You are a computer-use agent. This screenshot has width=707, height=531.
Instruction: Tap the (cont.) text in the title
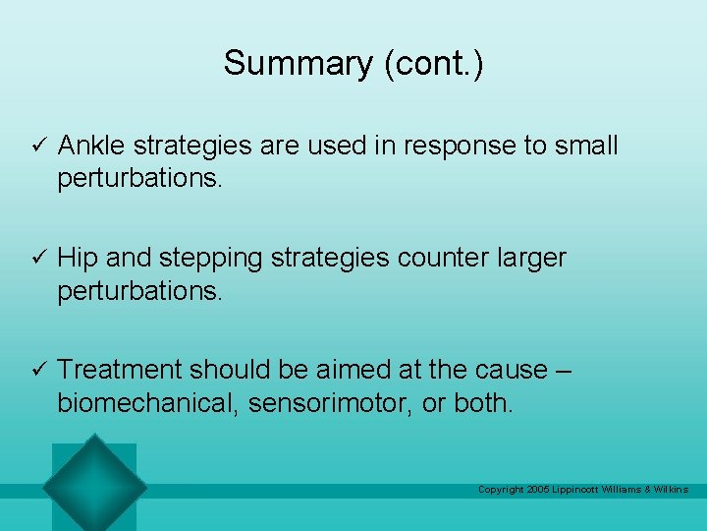click(x=433, y=63)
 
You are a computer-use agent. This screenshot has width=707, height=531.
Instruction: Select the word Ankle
click(x=91, y=146)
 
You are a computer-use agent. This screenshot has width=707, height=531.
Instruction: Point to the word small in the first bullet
click(x=585, y=146)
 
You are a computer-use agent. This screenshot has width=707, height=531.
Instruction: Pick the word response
click(x=450, y=147)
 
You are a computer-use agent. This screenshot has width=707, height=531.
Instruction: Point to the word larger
click(x=531, y=259)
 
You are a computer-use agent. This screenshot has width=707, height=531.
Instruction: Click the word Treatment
click(x=119, y=370)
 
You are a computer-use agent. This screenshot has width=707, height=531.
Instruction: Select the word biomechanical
click(x=146, y=403)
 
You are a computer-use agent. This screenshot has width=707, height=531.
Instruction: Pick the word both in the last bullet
click(x=482, y=403)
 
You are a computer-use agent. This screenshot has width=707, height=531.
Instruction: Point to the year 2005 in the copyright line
click(x=538, y=490)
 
